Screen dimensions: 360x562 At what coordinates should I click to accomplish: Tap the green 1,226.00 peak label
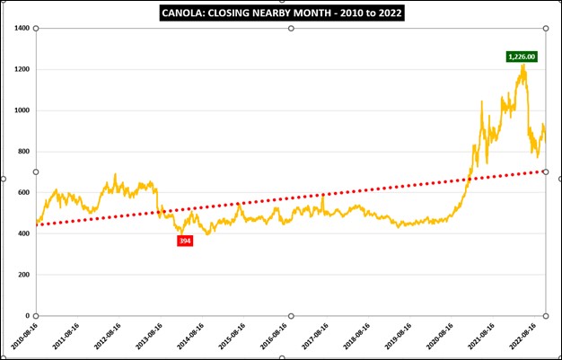522,57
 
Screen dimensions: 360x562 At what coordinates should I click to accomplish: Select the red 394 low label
185,241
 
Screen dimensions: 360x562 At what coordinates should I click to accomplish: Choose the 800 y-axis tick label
23,152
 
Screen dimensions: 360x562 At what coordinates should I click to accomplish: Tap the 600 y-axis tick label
23,193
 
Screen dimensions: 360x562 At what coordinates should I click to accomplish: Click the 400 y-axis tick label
23,233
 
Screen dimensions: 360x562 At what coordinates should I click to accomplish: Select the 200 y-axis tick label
23,275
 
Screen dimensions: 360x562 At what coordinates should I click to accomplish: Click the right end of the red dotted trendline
545,171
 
